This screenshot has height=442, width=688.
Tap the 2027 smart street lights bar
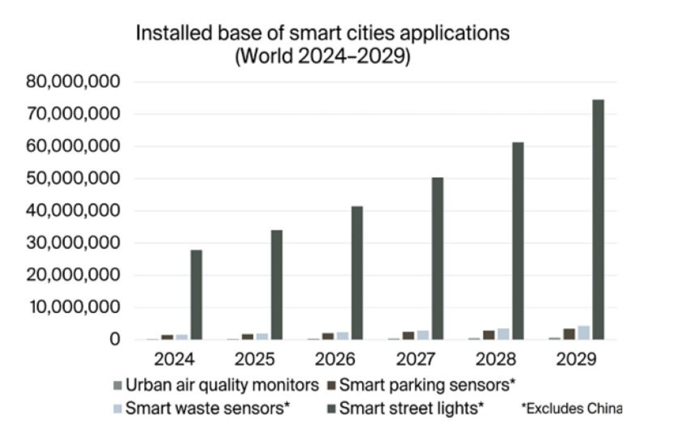[437, 258]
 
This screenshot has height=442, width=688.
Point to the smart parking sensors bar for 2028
[489, 335]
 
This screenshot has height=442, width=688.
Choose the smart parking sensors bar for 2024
[167, 337]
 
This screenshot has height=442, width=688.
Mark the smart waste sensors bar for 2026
[342, 336]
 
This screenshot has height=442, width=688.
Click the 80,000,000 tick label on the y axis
[73, 82]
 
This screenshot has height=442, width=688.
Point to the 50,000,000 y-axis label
[73, 179]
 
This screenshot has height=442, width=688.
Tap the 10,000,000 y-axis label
[74, 307]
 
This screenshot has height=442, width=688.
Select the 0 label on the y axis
[115, 340]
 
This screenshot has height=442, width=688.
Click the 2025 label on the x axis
[254, 359]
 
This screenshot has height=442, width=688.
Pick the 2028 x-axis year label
[496, 359]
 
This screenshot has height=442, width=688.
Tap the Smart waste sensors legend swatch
[118, 408]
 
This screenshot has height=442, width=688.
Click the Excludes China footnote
[572, 408]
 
